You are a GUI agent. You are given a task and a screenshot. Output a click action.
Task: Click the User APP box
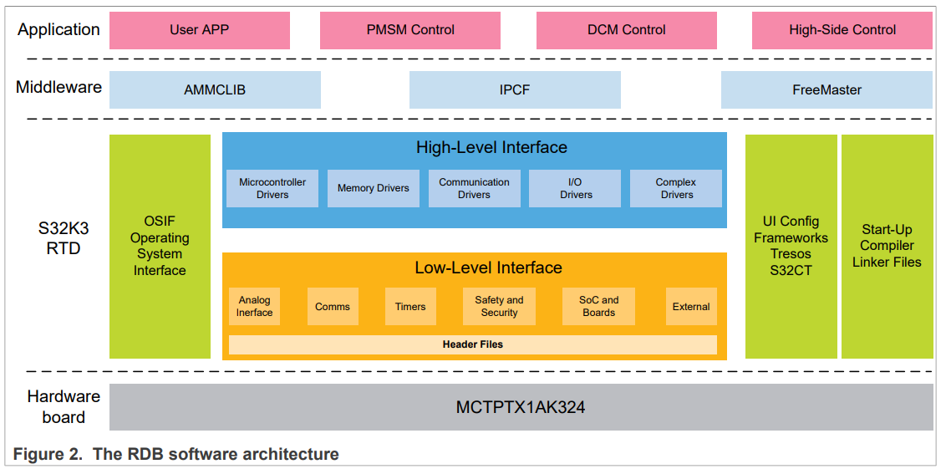[200, 30]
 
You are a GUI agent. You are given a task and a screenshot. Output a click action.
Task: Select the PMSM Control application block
[410, 30]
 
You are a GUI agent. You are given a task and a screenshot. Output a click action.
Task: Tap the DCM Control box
[626, 30]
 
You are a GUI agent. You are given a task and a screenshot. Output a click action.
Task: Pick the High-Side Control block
[842, 30]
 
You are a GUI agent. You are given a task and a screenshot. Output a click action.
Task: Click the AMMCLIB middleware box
[215, 89]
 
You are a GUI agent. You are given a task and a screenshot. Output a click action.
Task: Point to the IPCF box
[514, 89]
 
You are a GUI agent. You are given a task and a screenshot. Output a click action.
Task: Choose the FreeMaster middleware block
[826, 89]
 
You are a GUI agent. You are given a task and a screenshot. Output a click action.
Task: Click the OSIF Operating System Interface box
[160, 246]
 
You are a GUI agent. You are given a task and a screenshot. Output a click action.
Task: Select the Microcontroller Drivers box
[272, 188]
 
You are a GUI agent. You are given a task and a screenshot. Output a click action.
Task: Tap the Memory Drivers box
[373, 188]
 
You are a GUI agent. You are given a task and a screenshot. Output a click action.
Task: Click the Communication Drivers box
[474, 188]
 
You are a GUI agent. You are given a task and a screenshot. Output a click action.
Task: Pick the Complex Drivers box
[676, 188]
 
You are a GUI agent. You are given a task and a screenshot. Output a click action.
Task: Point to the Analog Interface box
[254, 306]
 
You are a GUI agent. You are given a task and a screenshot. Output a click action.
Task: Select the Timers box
[410, 306]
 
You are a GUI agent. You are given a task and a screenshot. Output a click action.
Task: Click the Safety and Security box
[499, 306]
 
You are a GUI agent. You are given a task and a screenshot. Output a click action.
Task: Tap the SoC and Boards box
[598, 306]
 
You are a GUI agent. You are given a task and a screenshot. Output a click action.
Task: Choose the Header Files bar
[472, 344]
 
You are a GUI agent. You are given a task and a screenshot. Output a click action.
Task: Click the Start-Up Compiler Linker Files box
[887, 246]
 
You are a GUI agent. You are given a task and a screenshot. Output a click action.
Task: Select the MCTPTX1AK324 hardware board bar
[521, 407]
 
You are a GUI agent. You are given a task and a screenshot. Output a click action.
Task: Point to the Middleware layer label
[58, 87]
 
